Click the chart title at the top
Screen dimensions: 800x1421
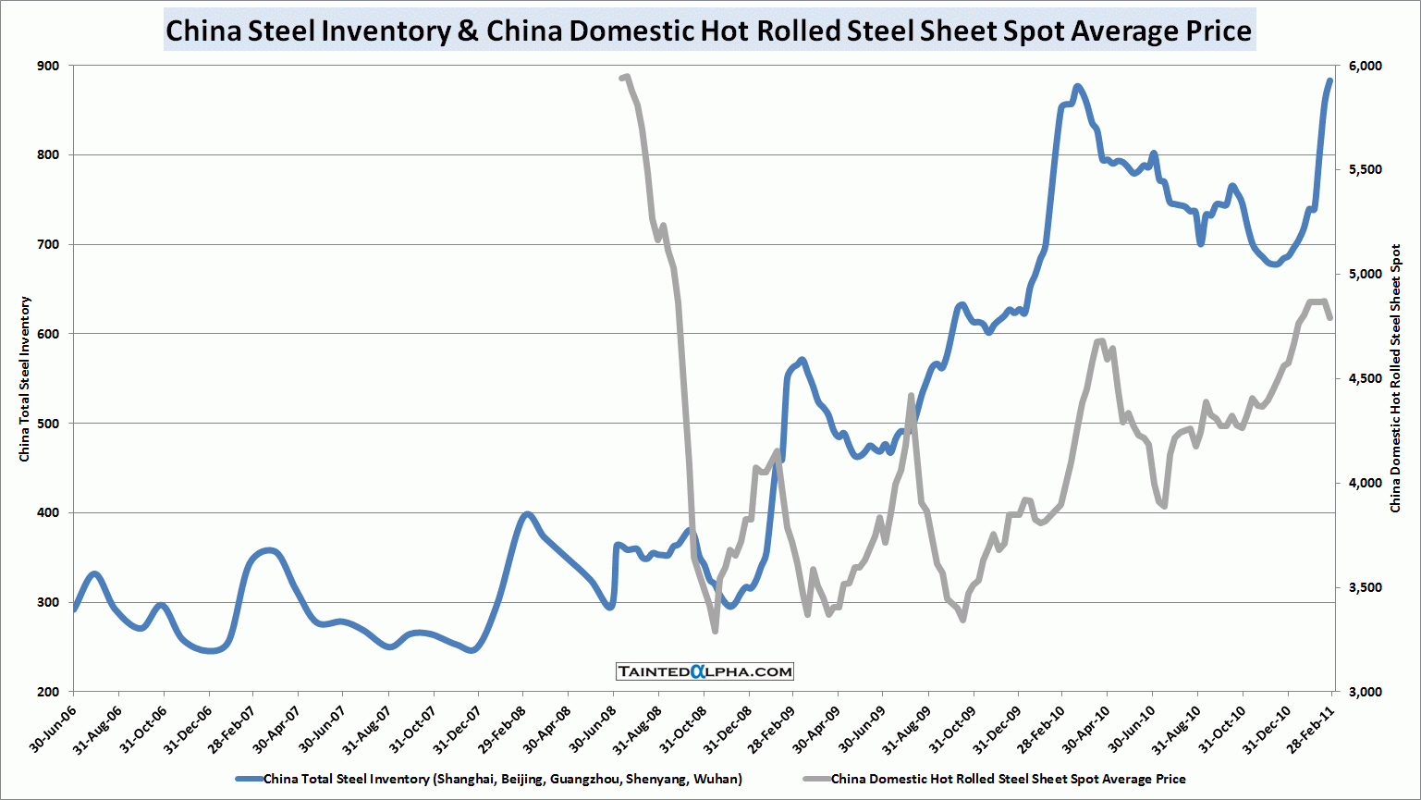point(708,31)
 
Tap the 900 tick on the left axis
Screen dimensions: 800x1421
point(48,66)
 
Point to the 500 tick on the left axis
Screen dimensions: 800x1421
point(48,424)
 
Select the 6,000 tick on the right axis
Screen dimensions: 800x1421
point(1365,66)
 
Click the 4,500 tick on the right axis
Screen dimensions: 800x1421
point(1365,378)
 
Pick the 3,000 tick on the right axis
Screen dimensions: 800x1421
point(1365,692)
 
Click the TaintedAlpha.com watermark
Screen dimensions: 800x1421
point(704,671)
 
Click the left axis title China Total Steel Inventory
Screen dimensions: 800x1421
point(25,379)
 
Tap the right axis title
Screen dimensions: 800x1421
point(1396,379)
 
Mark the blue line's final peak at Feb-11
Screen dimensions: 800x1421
point(1330,80)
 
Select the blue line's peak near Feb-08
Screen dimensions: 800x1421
point(527,513)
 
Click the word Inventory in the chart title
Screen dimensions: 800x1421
point(386,31)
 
